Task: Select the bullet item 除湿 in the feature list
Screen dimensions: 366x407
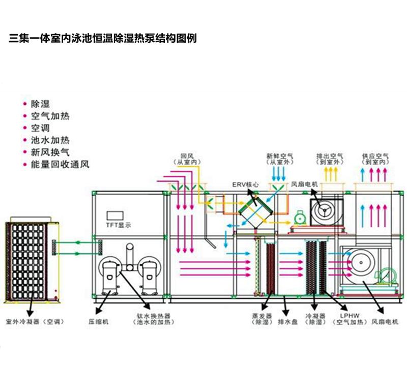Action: tap(41, 104)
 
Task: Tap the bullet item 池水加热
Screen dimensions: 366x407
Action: tap(50, 140)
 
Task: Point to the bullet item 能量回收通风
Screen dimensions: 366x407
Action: tap(60, 165)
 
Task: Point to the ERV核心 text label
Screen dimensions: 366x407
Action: tap(244, 185)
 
